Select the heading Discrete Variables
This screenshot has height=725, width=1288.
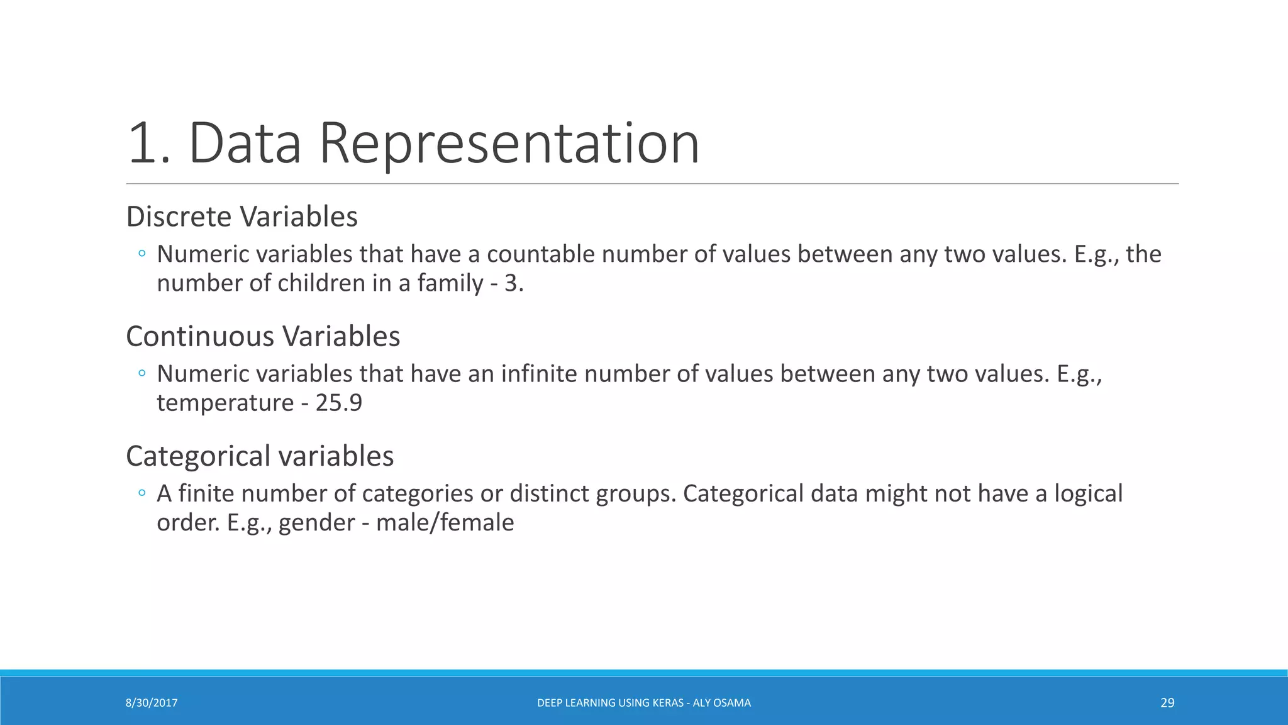click(241, 216)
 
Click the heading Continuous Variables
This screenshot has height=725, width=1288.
click(263, 336)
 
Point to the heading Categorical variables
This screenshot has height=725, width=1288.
click(260, 456)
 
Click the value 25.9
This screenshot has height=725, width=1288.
click(339, 403)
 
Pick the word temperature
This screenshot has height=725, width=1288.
click(225, 403)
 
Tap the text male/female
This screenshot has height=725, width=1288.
click(445, 522)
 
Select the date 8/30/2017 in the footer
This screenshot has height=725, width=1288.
click(152, 703)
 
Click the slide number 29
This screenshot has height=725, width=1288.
click(1167, 703)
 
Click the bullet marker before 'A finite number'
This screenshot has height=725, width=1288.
click(142, 493)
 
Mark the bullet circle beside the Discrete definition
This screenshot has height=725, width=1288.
click(142, 254)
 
